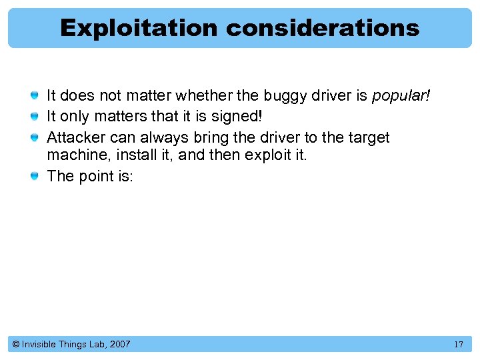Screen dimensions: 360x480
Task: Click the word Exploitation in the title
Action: coord(138,28)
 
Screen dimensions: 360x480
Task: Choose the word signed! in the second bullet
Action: coord(237,117)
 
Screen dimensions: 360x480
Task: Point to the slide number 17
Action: coord(458,345)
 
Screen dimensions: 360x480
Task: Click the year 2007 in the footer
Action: coord(120,345)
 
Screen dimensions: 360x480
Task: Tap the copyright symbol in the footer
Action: coord(15,345)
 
